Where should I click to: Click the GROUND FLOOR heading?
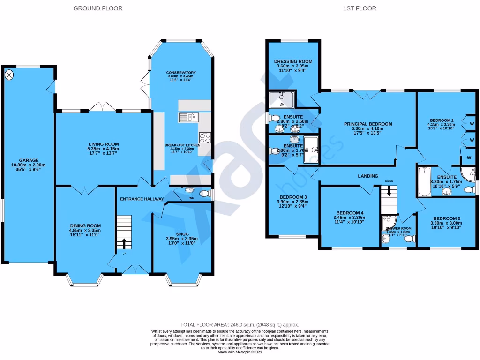click(98, 8)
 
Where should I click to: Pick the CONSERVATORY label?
click(181, 73)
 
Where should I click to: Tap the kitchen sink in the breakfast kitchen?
click(189, 117)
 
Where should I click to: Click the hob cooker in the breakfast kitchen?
click(205, 137)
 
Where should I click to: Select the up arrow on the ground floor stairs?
click(124, 243)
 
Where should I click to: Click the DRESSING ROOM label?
click(293, 61)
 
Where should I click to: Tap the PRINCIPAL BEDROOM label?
click(368, 124)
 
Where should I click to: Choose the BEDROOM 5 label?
click(447, 218)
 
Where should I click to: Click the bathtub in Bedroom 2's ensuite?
click(424, 182)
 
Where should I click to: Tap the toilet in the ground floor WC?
click(205, 194)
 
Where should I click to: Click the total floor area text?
click(240, 325)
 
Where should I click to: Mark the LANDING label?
click(368, 176)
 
